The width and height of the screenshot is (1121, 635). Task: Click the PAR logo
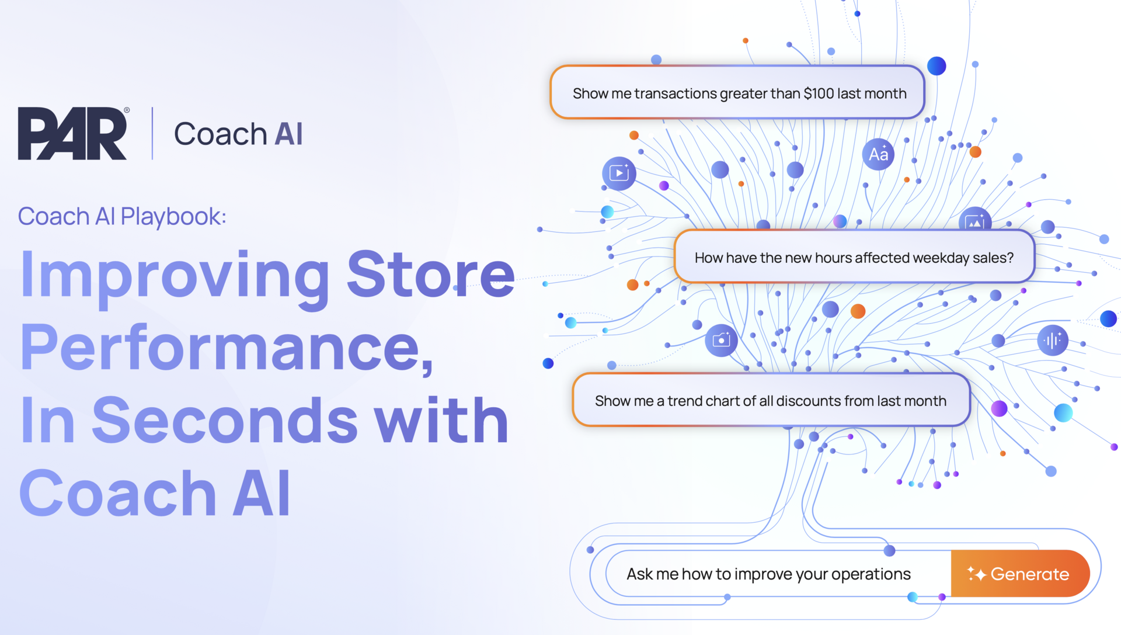click(x=72, y=133)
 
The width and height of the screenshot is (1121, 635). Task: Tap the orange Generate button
click(x=1020, y=574)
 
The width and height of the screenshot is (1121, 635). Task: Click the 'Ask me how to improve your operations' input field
click(x=768, y=574)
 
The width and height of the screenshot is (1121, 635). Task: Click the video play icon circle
click(x=619, y=174)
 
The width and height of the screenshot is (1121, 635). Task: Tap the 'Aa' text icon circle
click(x=878, y=154)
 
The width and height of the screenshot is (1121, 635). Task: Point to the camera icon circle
click(x=721, y=340)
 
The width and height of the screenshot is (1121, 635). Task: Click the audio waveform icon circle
click(x=1053, y=340)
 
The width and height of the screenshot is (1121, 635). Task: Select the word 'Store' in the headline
click(x=431, y=273)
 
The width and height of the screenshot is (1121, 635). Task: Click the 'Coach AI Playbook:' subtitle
click(x=122, y=216)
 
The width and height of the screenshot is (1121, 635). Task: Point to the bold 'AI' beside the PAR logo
click(x=288, y=134)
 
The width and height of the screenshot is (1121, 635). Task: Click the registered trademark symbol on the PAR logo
click(x=127, y=110)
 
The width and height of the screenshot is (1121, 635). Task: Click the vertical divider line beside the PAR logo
click(x=152, y=133)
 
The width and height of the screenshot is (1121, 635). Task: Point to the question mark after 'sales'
click(x=1010, y=258)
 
